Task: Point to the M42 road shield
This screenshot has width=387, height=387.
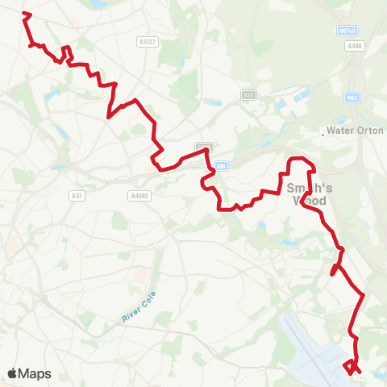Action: (352, 98)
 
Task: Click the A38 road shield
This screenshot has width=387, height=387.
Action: (248, 94)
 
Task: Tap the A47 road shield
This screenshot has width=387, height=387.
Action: (77, 195)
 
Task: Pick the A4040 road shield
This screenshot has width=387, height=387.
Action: (139, 195)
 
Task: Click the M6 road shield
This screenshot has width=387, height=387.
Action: (222, 166)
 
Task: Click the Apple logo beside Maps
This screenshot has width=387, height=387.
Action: (14, 373)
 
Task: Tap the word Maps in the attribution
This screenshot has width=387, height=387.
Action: (35, 374)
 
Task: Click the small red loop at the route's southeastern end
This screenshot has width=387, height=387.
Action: (349, 367)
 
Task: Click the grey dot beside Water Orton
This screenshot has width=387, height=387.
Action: (322, 135)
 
